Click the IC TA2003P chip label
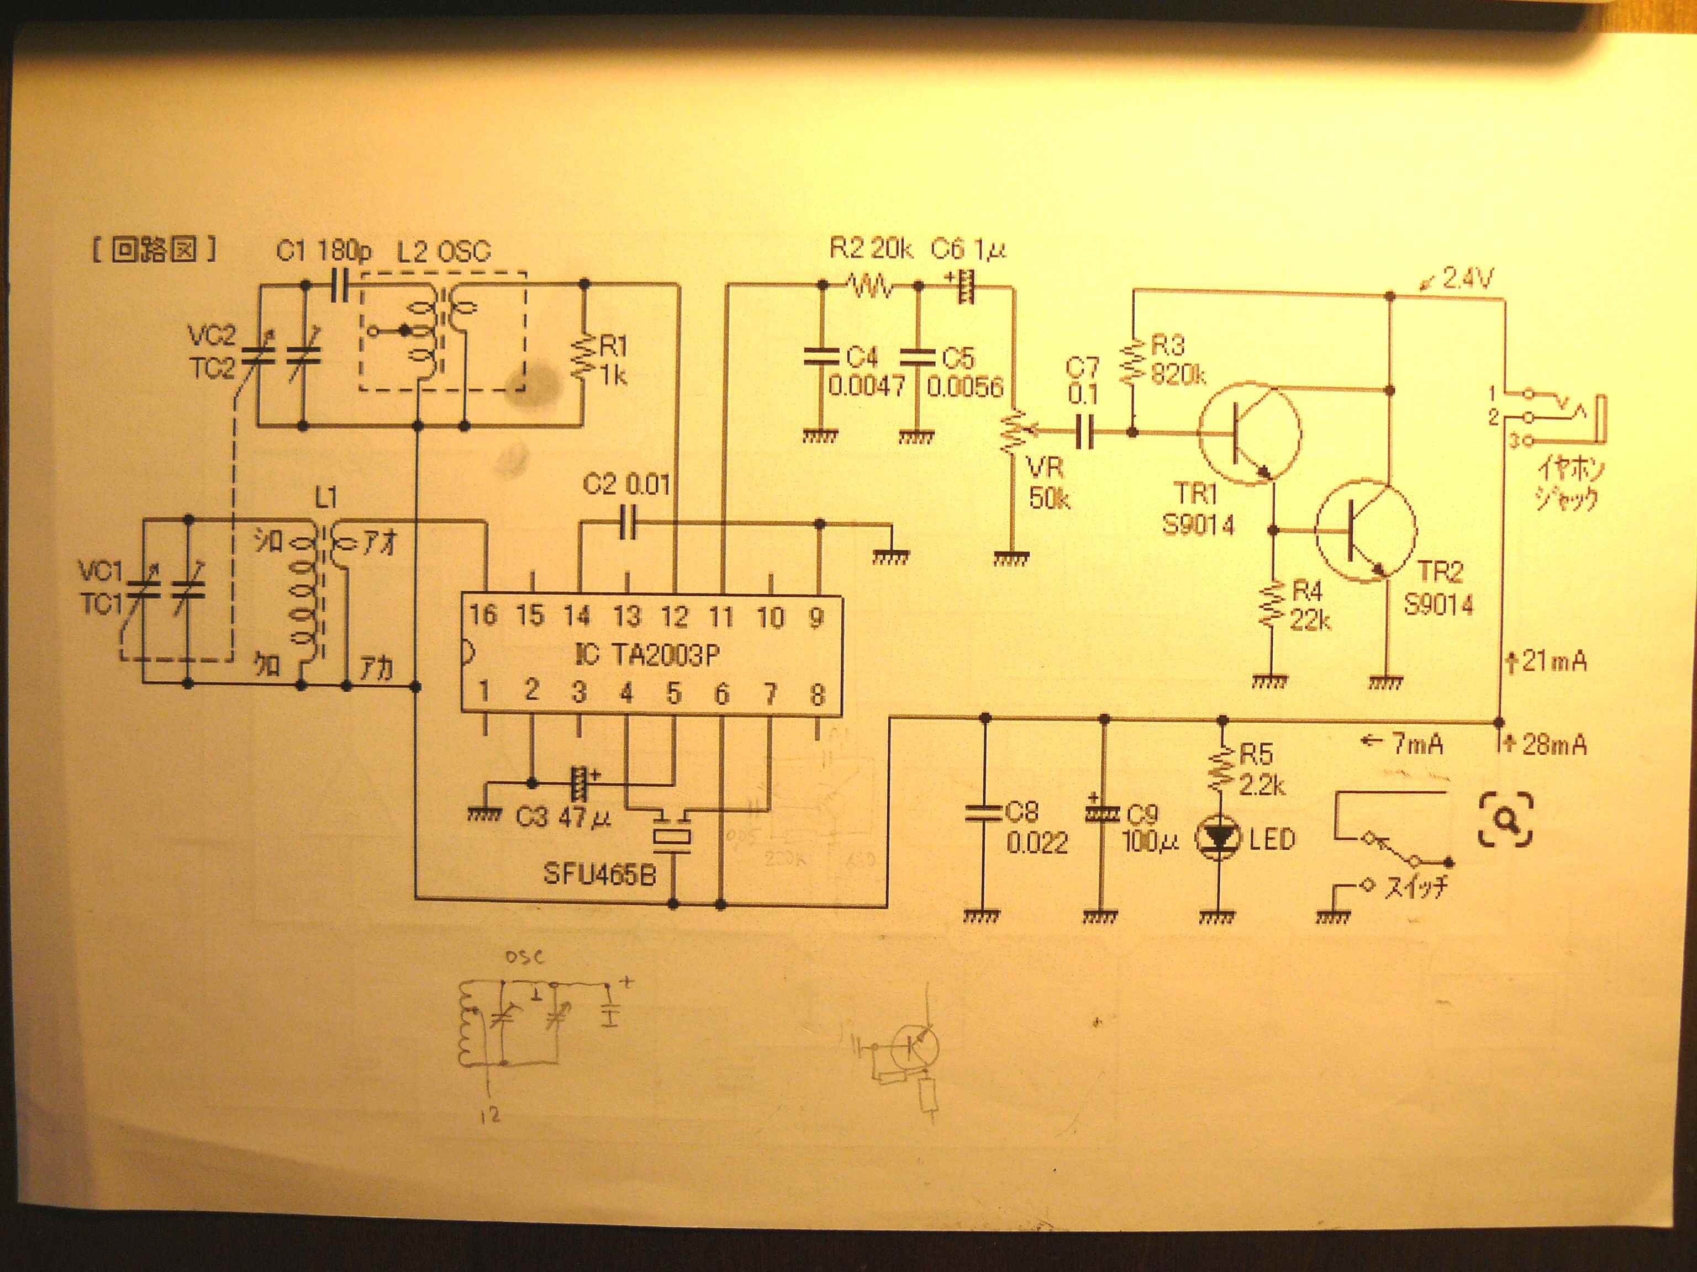click(649, 654)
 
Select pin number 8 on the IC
click(817, 694)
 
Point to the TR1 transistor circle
click(1250, 433)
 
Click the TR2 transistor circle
click(1366, 531)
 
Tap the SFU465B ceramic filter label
click(599, 874)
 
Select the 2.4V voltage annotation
click(1466, 278)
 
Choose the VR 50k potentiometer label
click(1048, 483)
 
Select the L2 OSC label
click(444, 252)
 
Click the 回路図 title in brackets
click(154, 249)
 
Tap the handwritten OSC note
click(525, 957)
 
